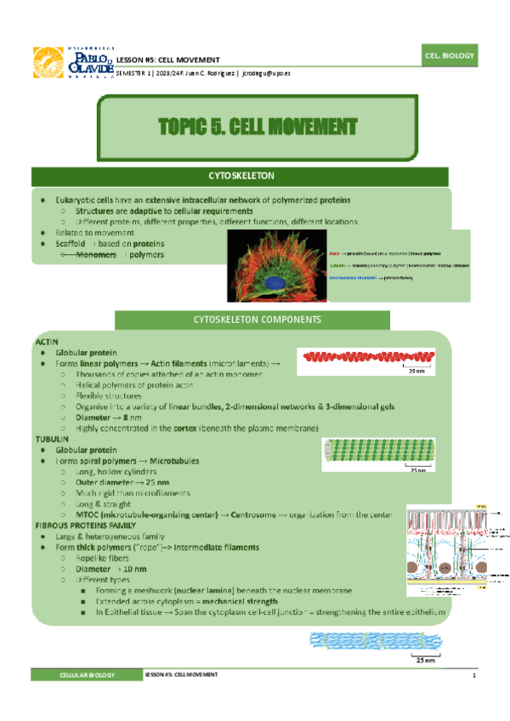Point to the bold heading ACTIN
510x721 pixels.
point(46,340)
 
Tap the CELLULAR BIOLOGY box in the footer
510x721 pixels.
point(83,674)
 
